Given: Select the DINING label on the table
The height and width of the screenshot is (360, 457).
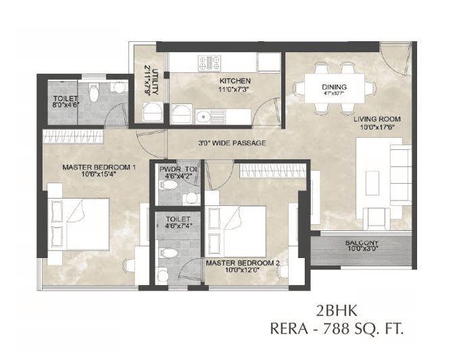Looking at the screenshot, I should coord(334,87).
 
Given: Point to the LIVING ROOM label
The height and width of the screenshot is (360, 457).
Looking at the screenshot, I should coord(377,119).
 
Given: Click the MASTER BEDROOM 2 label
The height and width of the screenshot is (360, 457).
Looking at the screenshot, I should coord(242,262).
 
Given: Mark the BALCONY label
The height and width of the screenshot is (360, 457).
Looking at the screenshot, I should coord(362,243).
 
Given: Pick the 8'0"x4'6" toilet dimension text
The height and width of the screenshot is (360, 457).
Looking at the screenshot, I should coord(66,105).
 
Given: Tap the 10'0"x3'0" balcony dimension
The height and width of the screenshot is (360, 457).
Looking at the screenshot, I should coord(362,250).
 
